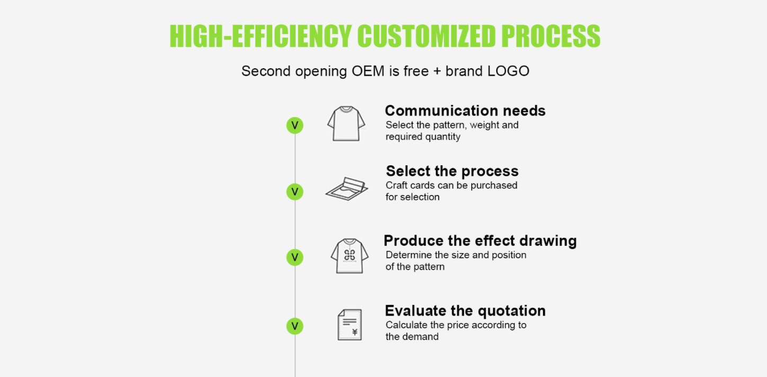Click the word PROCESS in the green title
(x=550, y=36)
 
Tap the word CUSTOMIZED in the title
(x=426, y=36)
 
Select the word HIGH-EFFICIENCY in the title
(x=261, y=36)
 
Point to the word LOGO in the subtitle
(x=509, y=71)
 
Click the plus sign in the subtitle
(x=437, y=71)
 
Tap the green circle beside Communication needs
(x=295, y=125)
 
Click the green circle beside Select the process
(x=295, y=192)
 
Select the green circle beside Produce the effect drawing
(x=295, y=257)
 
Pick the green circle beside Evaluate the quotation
(x=295, y=326)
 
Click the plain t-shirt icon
(x=346, y=123)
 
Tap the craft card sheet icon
(x=347, y=188)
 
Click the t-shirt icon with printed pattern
(x=350, y=256)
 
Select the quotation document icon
(x=350, y=325)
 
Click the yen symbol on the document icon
(x=355, y=332)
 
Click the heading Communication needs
(x=465, y=111)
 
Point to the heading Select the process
(x=452, y=171)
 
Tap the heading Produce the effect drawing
(x=480, y=241)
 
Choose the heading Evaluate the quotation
(x=465, y=311)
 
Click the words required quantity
(x=423, y=137)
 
